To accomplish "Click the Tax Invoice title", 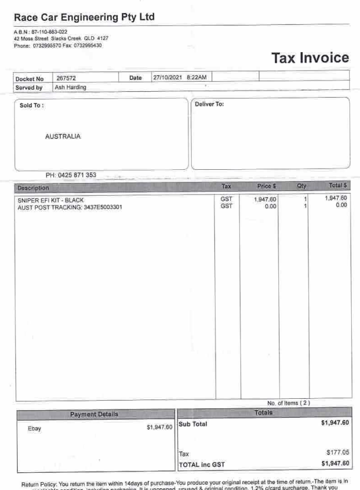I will pyautogui.click(x=310, y=57).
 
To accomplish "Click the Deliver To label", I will pyautogui.click(x=210, y=105).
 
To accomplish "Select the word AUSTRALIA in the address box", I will pyautogui.click(x=63, y=137).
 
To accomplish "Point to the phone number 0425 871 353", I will pyautogui.click(x=71, y=175).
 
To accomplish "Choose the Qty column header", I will pyautogui.click(x=302, y=186).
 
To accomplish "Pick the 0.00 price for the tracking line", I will pyautogui.click(x=270, y=207).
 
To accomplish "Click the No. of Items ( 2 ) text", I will pyautogui.click(x=288, y=403).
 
